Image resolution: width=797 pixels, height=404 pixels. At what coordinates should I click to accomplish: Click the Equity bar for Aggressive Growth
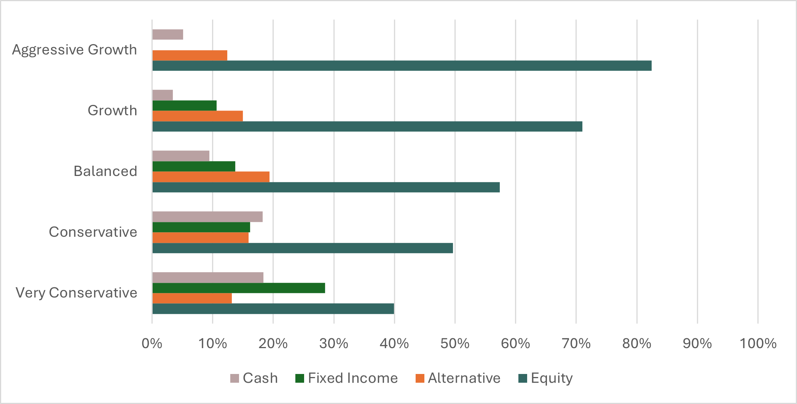(402, 66)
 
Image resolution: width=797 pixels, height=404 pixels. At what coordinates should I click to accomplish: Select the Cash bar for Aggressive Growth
(167, 35)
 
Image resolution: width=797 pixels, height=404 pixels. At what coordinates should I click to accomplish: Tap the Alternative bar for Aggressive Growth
(190, 55)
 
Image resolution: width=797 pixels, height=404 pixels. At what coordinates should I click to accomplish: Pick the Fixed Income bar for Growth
(184, 106)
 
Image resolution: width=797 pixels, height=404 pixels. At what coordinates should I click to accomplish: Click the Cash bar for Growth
(163, 95)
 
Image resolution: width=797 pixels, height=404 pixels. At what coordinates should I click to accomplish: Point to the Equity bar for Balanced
(326, 187)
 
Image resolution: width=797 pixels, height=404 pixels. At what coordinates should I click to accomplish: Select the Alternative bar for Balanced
(211, 177)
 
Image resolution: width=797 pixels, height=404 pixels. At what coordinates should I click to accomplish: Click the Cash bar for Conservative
(207, 217)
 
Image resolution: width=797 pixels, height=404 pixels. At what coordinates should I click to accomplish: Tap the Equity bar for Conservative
(303, 248)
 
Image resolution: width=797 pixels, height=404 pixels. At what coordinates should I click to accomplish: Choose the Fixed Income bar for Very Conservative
(239, 288)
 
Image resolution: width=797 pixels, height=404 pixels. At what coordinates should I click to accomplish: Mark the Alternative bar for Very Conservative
(192, 298)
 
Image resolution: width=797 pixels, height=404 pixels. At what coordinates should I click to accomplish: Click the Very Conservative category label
(76, 293)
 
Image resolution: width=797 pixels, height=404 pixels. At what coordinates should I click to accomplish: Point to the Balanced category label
(105, 171)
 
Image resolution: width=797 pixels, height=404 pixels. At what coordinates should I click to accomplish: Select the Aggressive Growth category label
(74, 50)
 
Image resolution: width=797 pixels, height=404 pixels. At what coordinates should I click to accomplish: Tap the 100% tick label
(757, 344)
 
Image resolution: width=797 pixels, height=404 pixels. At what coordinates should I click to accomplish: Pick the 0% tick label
(152, 344)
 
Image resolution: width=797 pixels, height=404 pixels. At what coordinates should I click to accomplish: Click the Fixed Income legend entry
(346, 378)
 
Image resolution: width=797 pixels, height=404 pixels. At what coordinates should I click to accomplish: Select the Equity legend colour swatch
(523, 379)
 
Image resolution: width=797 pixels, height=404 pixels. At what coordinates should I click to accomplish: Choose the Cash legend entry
(254, 378)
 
